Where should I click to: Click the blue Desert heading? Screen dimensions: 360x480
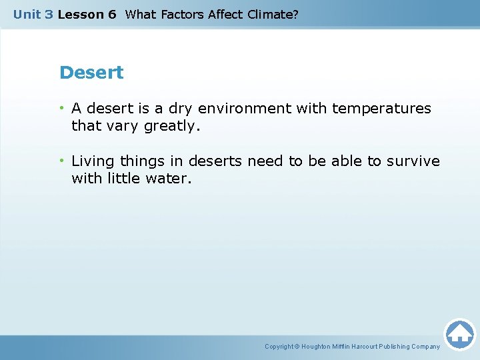coord(91,73)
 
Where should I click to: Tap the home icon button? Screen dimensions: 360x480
coord(459,333)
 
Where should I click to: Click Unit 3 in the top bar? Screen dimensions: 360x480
coord(33,14)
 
